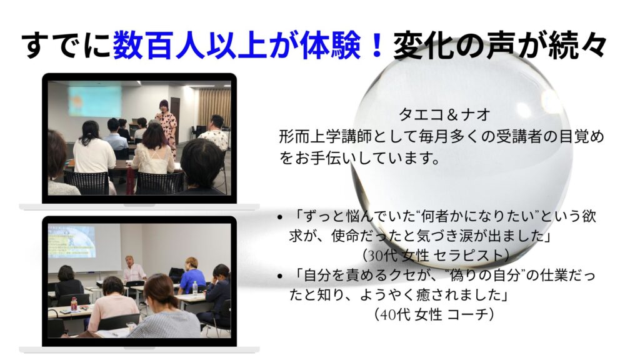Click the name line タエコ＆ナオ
pos(444,115)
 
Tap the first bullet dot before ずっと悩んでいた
pos(279,217)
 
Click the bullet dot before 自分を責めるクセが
pos(279,276)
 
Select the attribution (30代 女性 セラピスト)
pos(436,256)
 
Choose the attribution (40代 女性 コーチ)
pos(434,314)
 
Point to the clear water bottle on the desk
pos(195,289)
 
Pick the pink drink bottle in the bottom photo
pos(74,304)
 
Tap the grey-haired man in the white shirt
pos(133,269)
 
